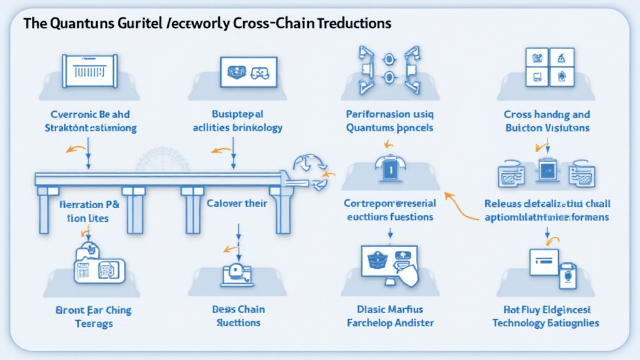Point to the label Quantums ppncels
point(389,128)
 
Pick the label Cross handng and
point(547,115)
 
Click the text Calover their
point(237,203)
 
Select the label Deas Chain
point(238,310)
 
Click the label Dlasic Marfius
point(389,310)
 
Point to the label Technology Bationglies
point(546,323)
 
